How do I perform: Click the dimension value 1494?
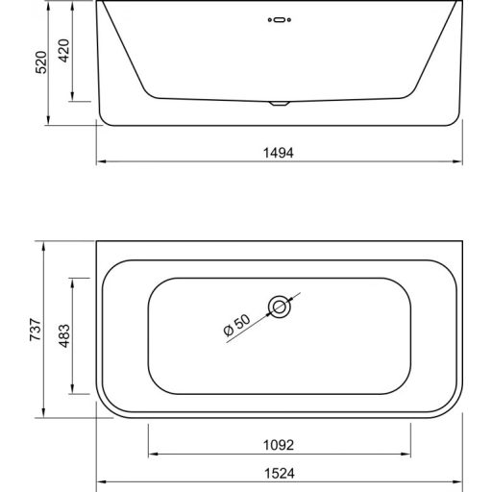(279, 152)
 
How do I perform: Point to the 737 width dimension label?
(34, 329)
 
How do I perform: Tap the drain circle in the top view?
(280, 307)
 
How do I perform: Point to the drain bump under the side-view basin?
(278, 102)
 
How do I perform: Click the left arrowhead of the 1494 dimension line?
(101, 161)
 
